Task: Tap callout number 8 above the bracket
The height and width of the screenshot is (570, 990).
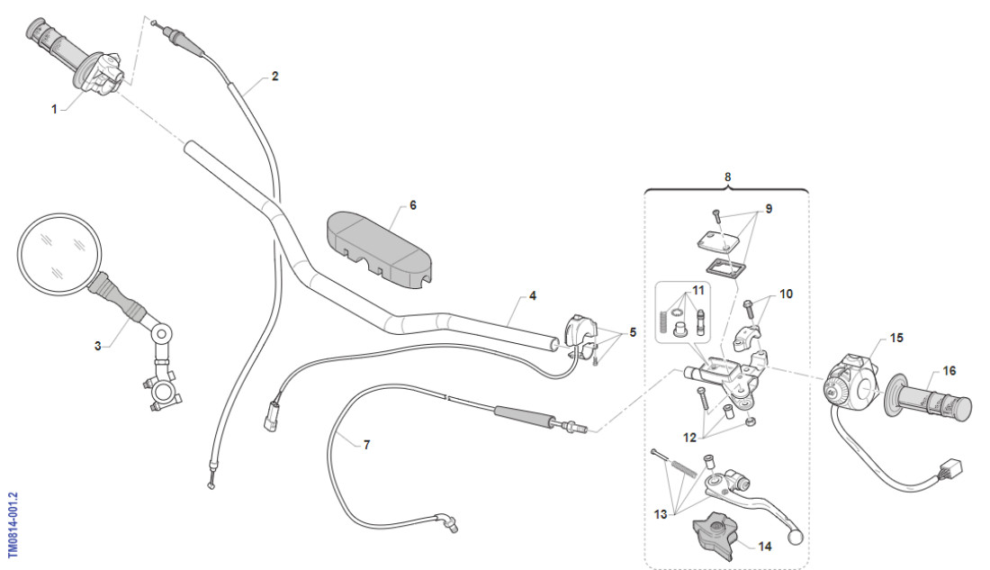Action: click(727, 177)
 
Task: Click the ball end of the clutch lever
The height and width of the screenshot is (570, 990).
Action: click(795, 538)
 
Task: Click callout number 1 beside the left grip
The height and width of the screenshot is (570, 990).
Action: click(54, 108)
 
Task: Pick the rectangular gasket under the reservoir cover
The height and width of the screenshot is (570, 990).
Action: click(727, 267)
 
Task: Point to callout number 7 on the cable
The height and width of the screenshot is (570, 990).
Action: click(366, 445)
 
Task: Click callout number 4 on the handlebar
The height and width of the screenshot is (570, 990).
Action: click(533, 295)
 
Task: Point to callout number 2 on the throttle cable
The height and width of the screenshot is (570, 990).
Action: click(274, 77)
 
